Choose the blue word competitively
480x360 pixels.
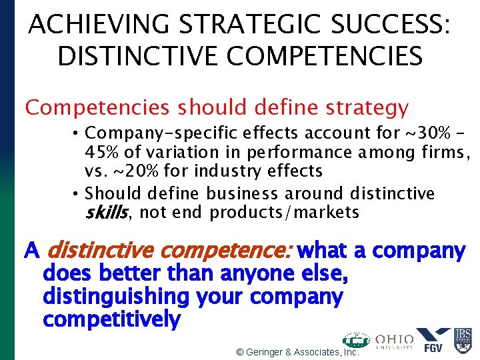(111, 319)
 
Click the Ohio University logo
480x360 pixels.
(394, 340)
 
